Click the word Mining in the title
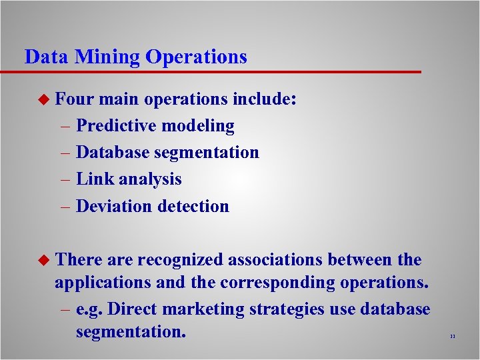coord(107,57)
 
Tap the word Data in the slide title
coord(47,57)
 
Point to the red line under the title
coord(220,71)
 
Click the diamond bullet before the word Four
coord(45,100)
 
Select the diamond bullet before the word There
coord(45,260)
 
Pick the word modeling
coord(203,126)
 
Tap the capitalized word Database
coord(113,153)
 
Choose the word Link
coord(95,179)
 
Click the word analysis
coord(150,180)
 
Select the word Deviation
coord(115,206)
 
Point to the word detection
coord(193,206)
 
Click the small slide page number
coord(452,337)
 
